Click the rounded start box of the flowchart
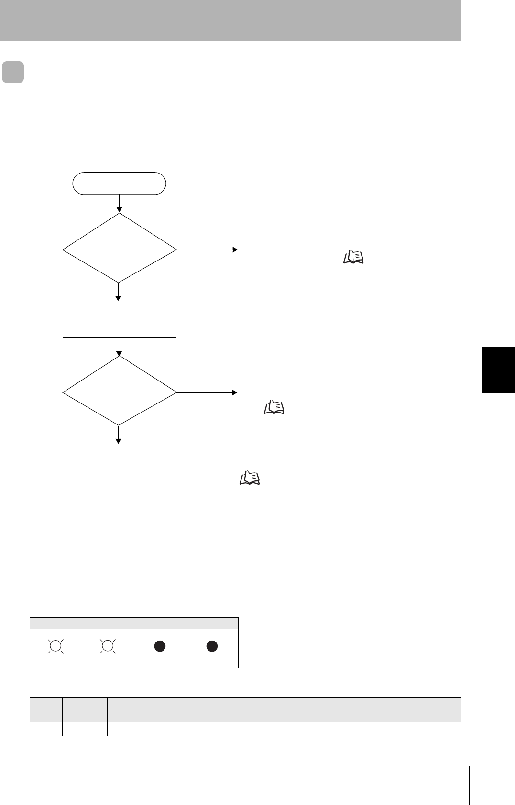119,183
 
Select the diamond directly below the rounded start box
120,248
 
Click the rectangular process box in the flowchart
120,319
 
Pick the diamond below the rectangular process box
120,391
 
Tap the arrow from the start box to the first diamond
120,203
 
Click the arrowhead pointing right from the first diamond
235,250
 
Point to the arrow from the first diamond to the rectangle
119,292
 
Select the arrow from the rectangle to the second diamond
119,347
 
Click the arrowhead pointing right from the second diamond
235,392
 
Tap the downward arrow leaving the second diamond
118,435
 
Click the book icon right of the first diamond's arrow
353,257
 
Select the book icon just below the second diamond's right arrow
274,407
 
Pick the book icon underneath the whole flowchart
249,478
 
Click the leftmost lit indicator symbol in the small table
55,646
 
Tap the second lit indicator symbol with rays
108,646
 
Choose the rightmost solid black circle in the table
212,646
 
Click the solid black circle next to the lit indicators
160,646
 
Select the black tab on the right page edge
498,370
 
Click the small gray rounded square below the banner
13,72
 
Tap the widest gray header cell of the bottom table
284,709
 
